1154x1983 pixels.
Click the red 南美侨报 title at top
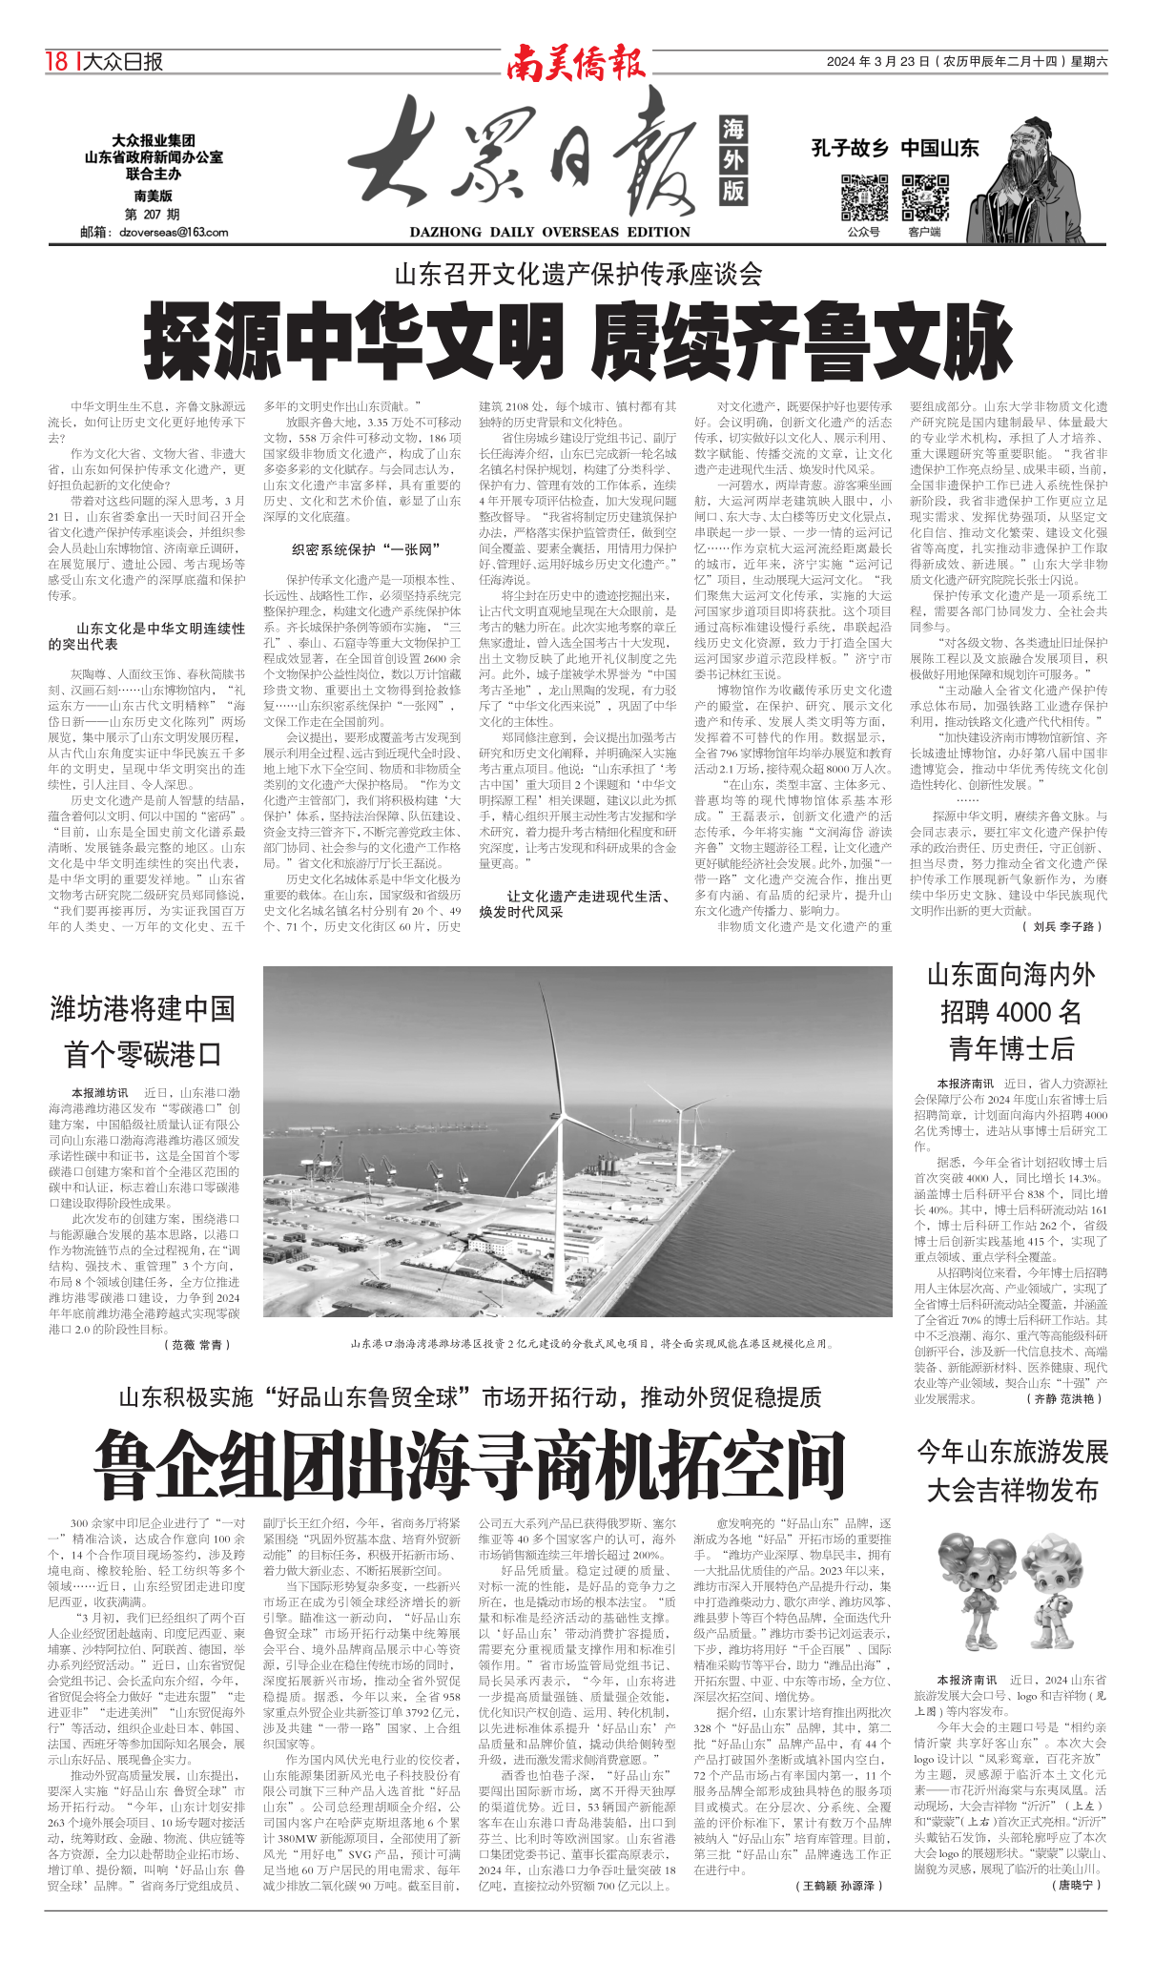point(576,62)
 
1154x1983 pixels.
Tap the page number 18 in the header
point(56,62)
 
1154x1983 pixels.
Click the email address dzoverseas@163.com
point(174,232)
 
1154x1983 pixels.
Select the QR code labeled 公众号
point(864,196)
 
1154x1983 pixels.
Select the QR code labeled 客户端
point(924,196)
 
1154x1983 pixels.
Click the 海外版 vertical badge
point(732,160)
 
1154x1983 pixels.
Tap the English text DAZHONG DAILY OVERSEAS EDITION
point(549,232)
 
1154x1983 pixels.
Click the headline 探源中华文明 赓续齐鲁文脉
point(577,341)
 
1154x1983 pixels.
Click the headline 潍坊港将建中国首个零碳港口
point(143,1031)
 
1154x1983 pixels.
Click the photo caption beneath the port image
point(591,1343)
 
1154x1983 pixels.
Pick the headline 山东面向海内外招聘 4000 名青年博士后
point(1011,1011)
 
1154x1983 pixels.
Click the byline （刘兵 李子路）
point(1061,926)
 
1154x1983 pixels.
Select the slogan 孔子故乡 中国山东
point(895,148)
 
